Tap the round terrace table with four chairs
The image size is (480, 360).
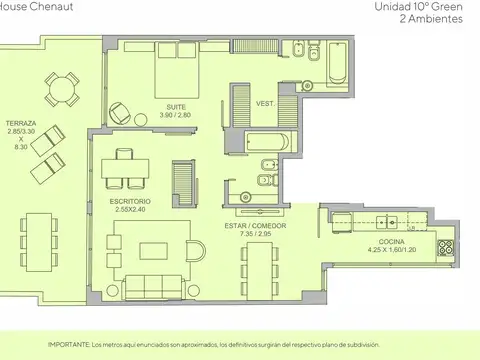[63, 90]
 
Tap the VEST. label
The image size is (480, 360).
[265, 104]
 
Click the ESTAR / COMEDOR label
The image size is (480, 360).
[255, 226]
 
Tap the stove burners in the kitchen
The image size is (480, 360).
[445, 245]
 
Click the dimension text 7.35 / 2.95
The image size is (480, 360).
[255, 235]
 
